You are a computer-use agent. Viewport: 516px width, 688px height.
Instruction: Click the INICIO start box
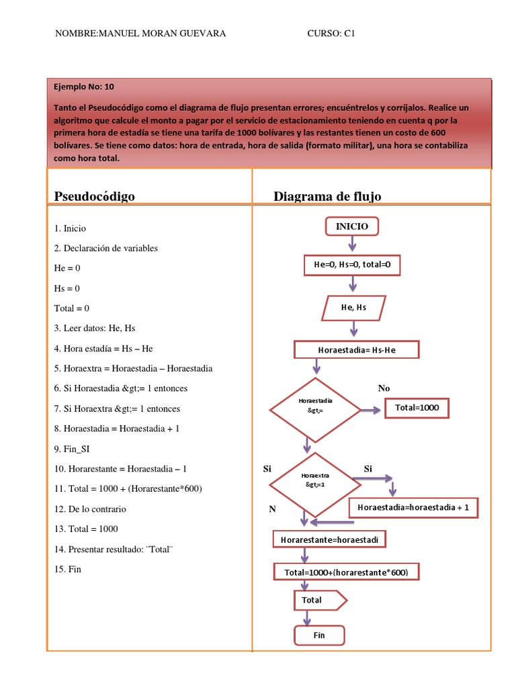click(x=352, y=227)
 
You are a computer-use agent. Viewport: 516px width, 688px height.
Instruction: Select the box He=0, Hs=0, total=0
click(x=352, y=265)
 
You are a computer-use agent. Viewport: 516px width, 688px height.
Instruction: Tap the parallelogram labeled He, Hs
click(x=353, y=308)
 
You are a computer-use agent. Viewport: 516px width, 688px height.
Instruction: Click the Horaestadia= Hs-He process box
click(x=356, y=350)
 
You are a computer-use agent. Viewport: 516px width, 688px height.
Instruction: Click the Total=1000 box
click(x=416, y=407)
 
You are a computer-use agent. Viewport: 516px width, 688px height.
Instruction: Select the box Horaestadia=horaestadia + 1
click(x=413, y=508)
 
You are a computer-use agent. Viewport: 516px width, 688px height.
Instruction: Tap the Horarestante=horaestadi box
click(x=331, y=539)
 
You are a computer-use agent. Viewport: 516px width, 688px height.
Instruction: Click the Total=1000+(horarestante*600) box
click(x=347, y=572)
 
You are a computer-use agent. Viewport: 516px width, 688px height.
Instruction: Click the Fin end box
click(x=319, y=635)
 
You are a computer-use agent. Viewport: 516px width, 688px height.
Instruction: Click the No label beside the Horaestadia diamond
click(x=384, y=388)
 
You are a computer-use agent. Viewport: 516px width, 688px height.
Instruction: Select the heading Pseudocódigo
click(x=95, y=196)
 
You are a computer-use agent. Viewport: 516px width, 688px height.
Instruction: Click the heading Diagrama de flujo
click(x=327, y=196)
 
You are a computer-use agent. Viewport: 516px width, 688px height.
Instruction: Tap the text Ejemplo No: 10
click(x=85, y=87)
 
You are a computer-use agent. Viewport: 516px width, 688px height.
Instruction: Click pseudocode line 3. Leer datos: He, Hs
click(x=95, y=329)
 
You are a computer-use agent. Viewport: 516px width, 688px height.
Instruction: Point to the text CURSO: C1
click(x=331, y=34)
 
